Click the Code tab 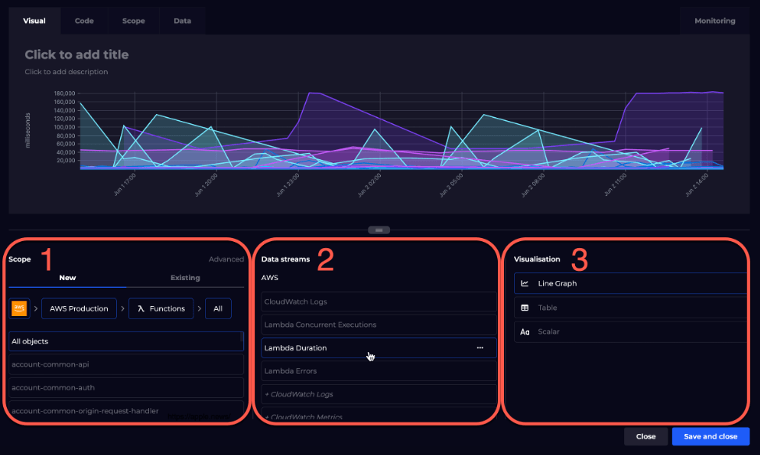pyautogui.click(x=84, y=21)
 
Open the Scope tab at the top pyautogui.click(x=133, y=21)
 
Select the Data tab pyautogui.click(x=182, y=21)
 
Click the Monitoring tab pyautogui.click(x=715, y=21)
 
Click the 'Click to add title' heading pyautogui.click(x=76, y=55)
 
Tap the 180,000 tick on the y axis pyautogui.click(x=64, y=93)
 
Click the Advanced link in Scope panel pyautogui.click(x=226, y=259)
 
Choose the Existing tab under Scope pyautogui.click(x=185, y=278)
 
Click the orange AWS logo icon pyautogui.click(x=19, y=308)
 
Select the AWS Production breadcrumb pyautogui.click(x=79, y=308)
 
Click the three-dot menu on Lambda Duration pyautogui.click(x=480, y=348)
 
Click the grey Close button pyautogui.click(x=645, y=436)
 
